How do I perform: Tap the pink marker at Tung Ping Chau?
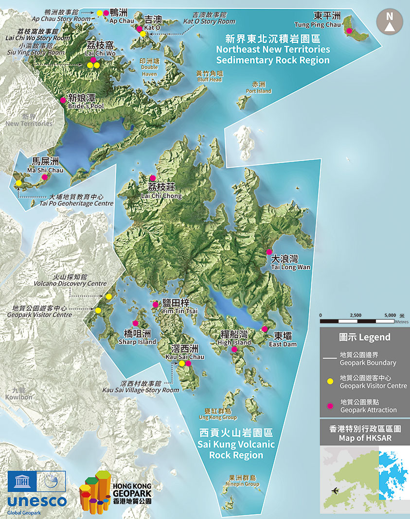pyautogui.click(x=349, y=31)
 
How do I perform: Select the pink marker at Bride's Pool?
pyautogui.click(x=63, y=100)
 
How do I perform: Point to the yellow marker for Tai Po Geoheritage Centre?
pyautogui.click(x=18, y=183)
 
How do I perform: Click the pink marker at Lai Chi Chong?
pyautogui.click(x=152, y=178)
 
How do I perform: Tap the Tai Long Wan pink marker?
pyautogui.click(x=269, y=252)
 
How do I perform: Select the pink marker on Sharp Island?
pyautogui.click(x=135, y=323)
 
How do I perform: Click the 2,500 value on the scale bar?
pyautogui.click(x=356, y=315)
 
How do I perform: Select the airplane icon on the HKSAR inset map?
pyautogui.click(x=335, y=490)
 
